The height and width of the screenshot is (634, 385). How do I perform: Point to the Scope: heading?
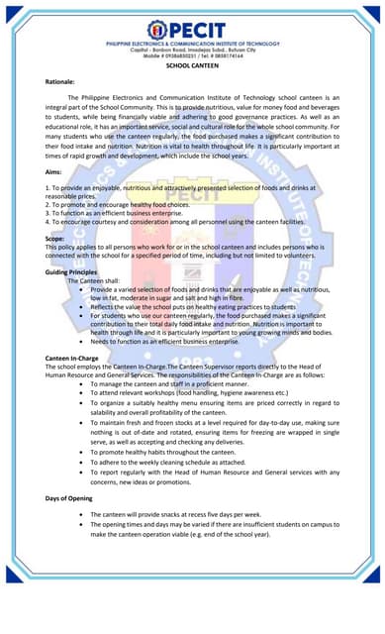click(56, 239)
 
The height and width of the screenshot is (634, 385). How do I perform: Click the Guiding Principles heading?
click(71, 270)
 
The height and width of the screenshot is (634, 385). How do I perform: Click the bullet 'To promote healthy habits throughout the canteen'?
click(178, 451)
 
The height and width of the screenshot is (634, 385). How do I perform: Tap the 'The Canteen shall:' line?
click(97, 280)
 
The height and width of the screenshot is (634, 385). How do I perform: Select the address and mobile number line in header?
click(193, 53)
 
